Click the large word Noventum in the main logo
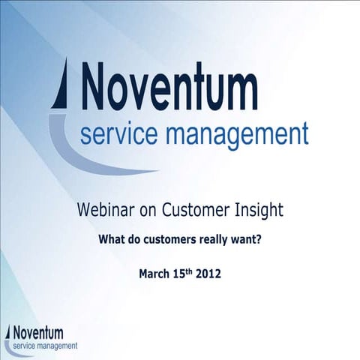[x=169, y=88]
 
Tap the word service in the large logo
[x=119, y=135]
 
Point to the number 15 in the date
[x=179, y=274]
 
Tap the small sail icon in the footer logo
[x=9, y=332]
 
